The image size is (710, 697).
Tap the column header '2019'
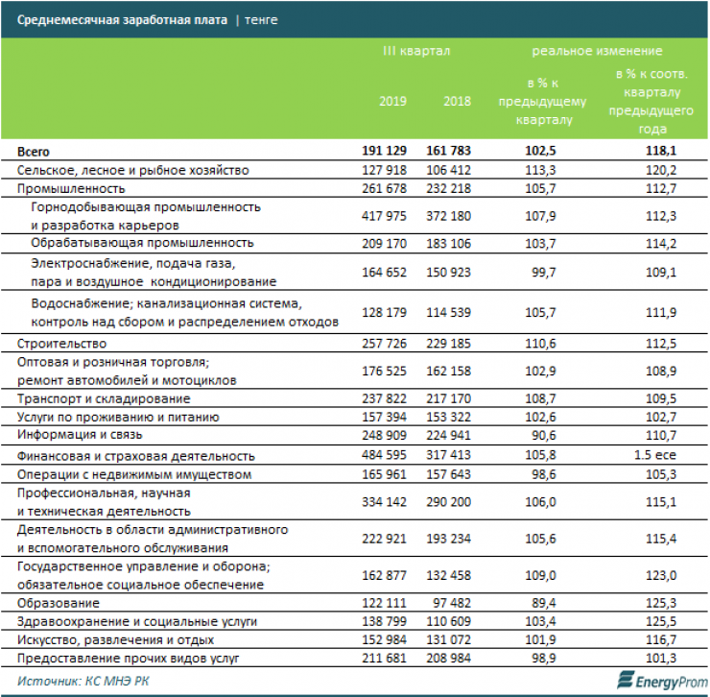(x=393, y=101)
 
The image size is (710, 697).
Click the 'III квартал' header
(x=415, y=50)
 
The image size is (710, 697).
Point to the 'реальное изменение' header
(x=597, y=50)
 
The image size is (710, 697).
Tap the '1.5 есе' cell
(x=661, y=456)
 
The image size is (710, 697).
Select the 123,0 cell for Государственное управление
(x=661, y=574)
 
